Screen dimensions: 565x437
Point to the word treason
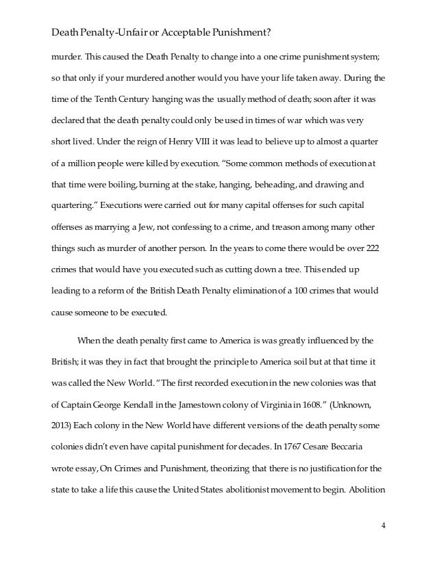(272, 228)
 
